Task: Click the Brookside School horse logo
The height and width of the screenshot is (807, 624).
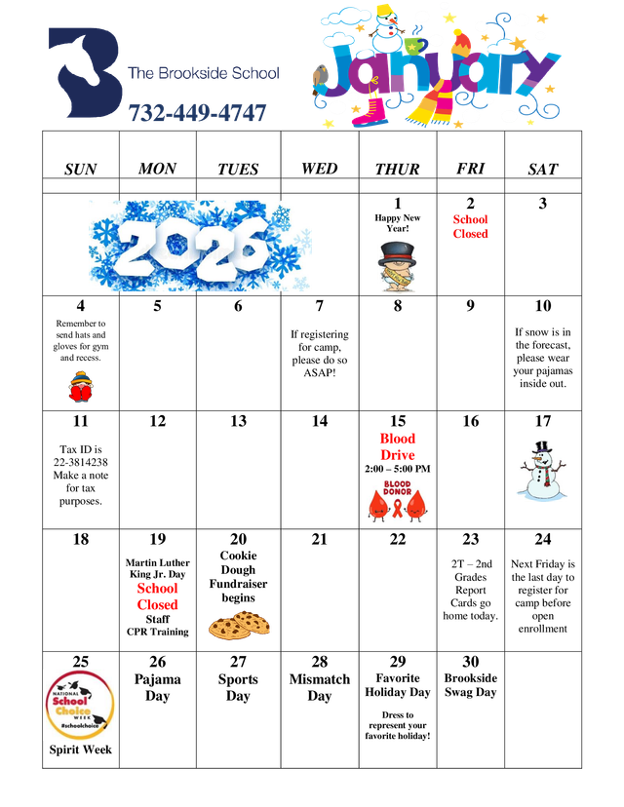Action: pyautogui.click(x=85, y=74)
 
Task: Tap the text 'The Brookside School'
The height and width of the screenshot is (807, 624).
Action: pyautogui.click(x=204, y=74)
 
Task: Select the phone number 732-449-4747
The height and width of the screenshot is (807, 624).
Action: pyautogui.click(x=198, y=114)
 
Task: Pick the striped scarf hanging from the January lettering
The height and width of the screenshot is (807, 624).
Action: pyautogui.click(x=429, y=103)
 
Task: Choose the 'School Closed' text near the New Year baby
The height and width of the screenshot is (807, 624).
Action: pyautogui.click(x=470, y=226)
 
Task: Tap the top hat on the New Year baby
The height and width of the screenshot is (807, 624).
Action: pyautogui.click(x=398, y=250)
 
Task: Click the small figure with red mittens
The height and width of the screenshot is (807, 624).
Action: pyautogui.click(x=81, y=387)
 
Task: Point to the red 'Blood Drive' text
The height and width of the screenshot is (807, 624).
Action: pyautogui.click(x=398, y=446)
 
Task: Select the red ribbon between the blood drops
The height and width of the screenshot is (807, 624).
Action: pyautogui.click(x=398, y=504)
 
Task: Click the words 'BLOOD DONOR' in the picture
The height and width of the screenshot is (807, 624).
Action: pyautogui.click(x=398, y=487)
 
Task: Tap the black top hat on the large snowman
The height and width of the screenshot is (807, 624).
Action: pyautogui.click(x=542, y=447)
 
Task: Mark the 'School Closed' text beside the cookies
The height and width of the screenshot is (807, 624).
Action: pyautogui.click(x=158, y=596)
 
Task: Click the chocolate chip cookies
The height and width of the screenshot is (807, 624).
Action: pyautogui.click(x=240, y=625)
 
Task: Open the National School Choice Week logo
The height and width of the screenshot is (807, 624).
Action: pyautogui.click(x=80, y=705)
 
